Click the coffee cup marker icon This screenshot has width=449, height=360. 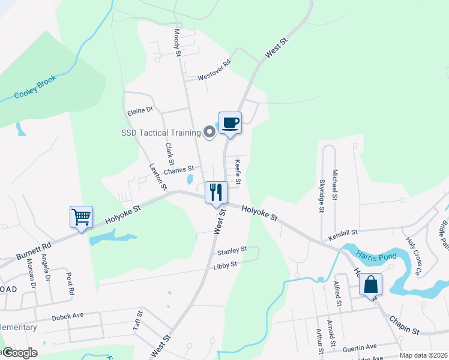click(x=230, y=123)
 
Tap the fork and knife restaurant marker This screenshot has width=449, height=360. click(x=216, y=193)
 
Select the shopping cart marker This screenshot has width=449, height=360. click(x=81, y=217)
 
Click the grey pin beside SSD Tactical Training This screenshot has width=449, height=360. click(x=209, y=132)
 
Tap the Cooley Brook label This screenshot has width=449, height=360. click(x=35, y=87)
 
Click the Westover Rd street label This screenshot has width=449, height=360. click(x=214, y=70)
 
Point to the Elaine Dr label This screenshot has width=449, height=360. click(x=140, y=111)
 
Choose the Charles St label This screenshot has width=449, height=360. click(x=179, y=170)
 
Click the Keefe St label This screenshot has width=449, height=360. click(x=238, y=171)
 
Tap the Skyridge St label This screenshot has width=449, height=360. click(x=322, y=196)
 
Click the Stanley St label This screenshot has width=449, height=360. click(x=232, y=250)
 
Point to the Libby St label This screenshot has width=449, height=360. click(x=226, y=263)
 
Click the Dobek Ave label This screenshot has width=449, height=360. click(x=67, y=316)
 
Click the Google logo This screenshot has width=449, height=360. click(x=19, y=353)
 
